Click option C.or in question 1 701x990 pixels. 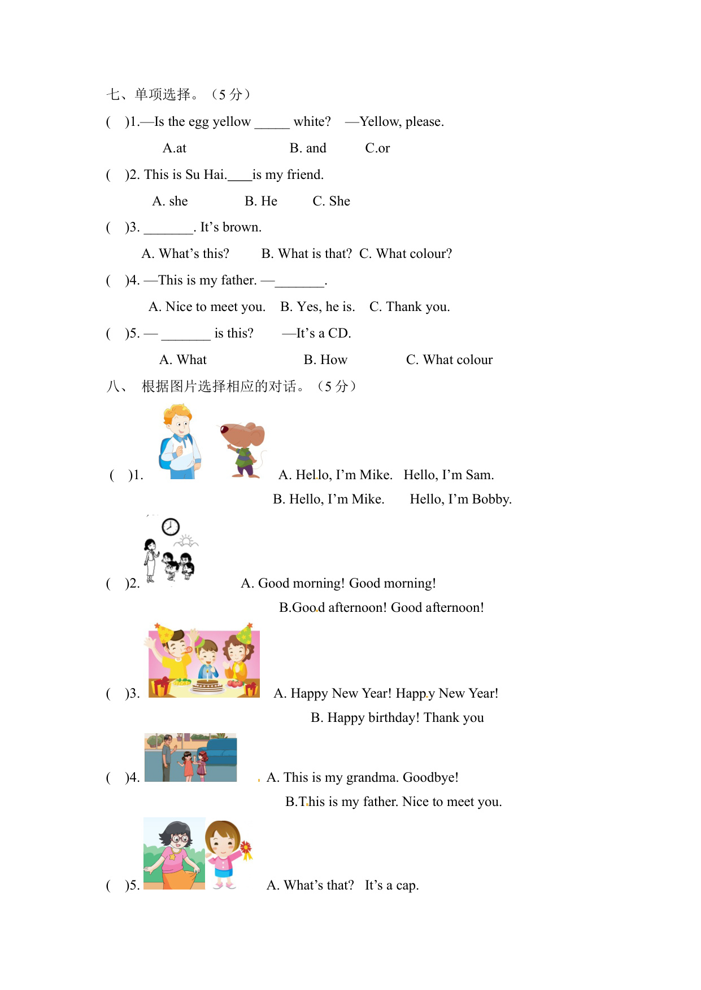377,148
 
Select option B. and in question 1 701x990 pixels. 308,148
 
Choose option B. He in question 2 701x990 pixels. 261,201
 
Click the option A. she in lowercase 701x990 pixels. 170,201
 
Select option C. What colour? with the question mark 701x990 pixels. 406,254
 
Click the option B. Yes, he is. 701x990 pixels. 317,307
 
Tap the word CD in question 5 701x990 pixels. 338,334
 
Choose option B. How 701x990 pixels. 325,360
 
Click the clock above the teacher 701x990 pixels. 171,527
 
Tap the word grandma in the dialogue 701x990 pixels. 372,778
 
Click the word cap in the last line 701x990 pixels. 406,886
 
